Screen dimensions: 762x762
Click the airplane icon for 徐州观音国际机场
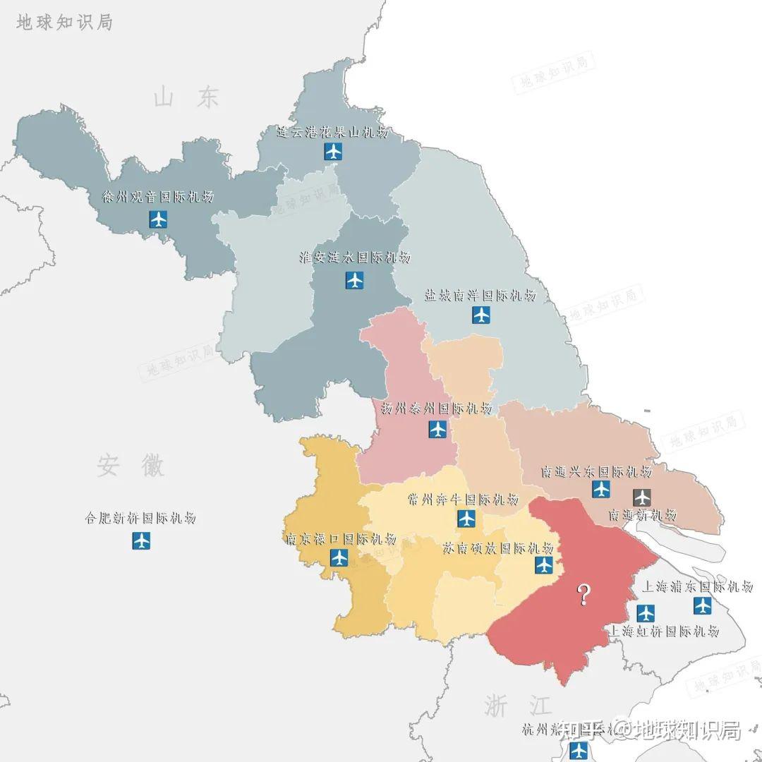(159, 219)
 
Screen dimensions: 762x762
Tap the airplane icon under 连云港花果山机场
(333, 151)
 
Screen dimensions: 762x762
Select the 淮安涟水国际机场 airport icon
(355, 281)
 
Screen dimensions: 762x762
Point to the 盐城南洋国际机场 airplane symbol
(481, 315)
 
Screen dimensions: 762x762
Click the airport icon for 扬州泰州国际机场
(437, 429)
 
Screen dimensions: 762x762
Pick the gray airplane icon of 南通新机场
(642, 497)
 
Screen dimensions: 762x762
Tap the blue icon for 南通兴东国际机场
(601, 489)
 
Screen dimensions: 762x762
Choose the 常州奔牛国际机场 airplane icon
(466, 519)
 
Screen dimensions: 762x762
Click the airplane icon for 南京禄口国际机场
(339, 558)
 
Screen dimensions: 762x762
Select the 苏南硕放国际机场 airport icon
(544, 564)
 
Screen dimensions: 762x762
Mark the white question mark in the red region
(583, 595)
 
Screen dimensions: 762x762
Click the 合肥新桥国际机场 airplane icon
(141, 541)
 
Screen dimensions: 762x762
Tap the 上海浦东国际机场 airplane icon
(702, 605)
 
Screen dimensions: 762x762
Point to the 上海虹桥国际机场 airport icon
(646, 612)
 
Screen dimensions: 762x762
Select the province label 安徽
(131, 466)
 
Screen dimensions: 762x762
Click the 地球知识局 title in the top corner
(64, 22)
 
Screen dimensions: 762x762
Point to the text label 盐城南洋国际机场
(480, 296)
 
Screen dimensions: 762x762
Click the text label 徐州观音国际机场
(158, 197)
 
